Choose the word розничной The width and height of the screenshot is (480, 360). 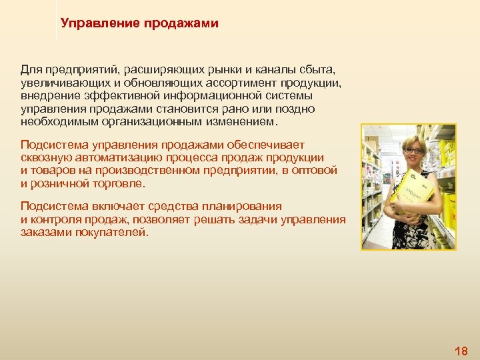tap(59, 183)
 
